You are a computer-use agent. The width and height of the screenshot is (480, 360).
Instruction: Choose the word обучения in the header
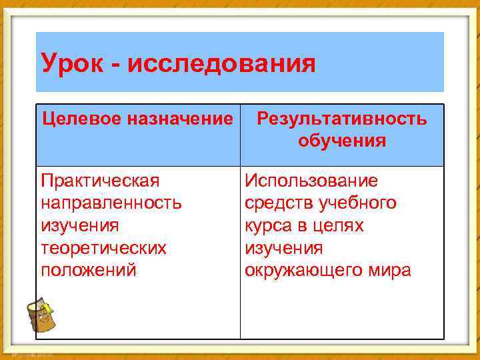point(342,141)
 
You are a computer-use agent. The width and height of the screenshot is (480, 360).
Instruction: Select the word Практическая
point(100,181)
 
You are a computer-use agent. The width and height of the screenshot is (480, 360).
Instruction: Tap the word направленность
point(111,203)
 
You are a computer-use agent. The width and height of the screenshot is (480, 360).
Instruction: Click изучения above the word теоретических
point(80,225)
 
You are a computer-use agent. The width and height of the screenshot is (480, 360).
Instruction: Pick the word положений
point(88,271)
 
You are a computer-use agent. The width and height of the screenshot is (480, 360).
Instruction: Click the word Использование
point(311,181)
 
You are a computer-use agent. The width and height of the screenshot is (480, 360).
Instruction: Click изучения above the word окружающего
point(284,248)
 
